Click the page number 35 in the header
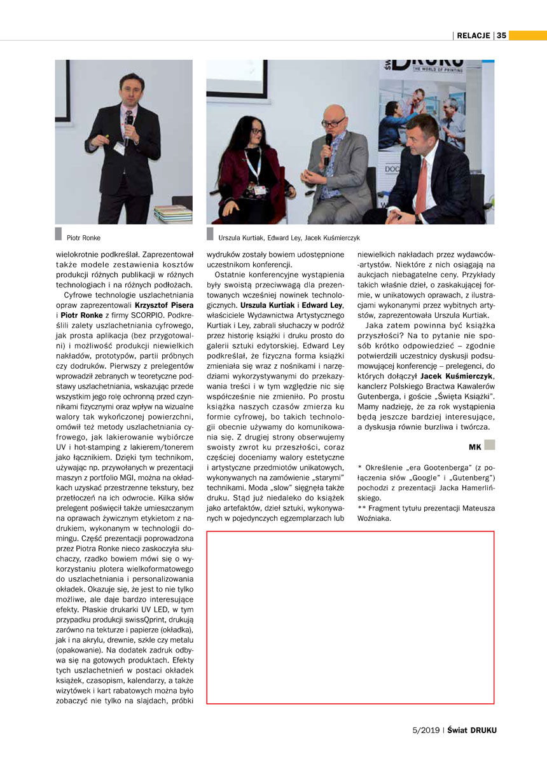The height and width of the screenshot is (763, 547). pos(501,36)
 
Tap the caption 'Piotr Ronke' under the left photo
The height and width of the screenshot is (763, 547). pos(83,238)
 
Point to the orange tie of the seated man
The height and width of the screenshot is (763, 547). pos(421,185)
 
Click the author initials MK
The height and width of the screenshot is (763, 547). pos(474,447)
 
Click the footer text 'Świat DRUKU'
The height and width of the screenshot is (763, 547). pos(472,730)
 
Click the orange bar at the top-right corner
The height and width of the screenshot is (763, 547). pos(527,35)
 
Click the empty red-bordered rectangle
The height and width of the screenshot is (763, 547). pos(350,617)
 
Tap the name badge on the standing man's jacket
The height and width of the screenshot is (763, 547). pos(119,148)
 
